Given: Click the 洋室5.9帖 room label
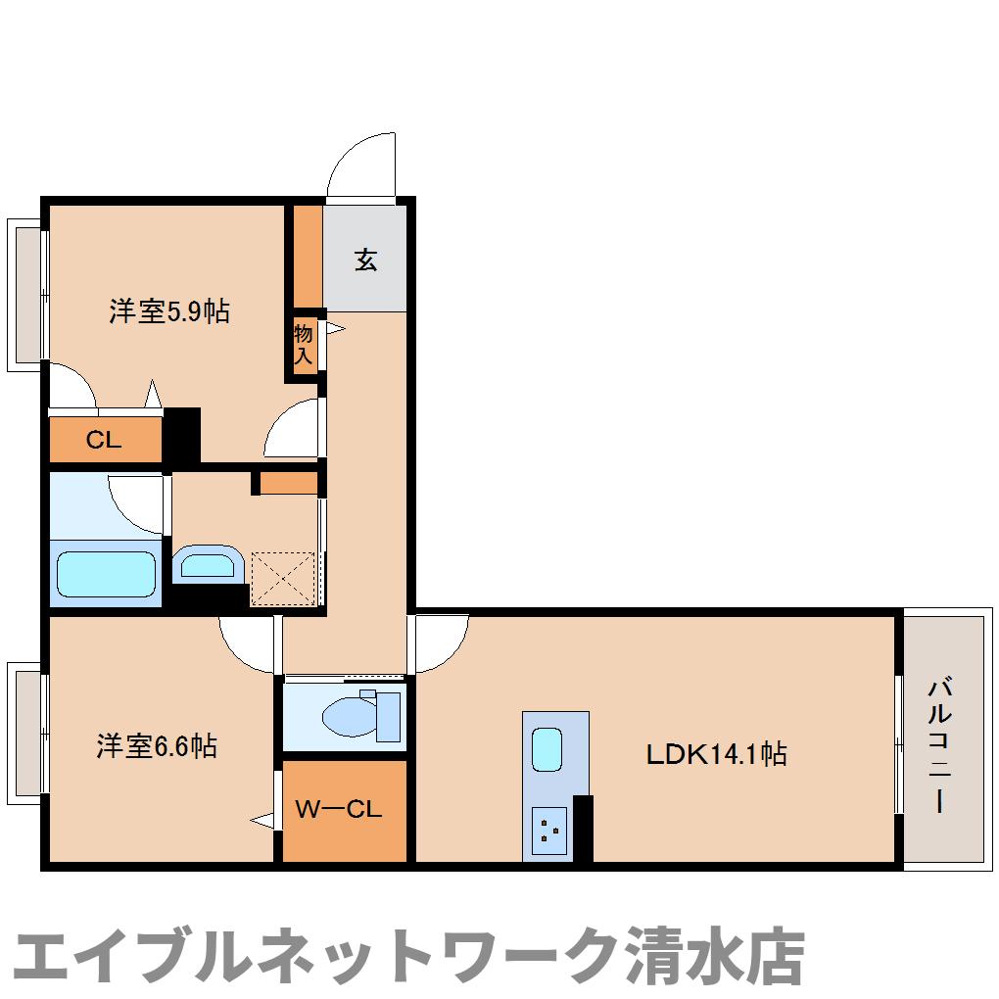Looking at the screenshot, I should click(169, 311).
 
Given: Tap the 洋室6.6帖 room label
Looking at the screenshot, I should click(157, 746).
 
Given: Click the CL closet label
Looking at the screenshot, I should click(104, 440).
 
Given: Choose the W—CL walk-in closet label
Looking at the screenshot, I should click(339, 810).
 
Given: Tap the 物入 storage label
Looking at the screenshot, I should click(304, 344).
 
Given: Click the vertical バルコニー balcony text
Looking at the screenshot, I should click(940, 743).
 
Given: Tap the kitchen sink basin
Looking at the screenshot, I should click(547, 749).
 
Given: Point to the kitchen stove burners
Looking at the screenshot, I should click(548, 831).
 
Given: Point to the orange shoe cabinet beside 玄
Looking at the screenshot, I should click(309, 256).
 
